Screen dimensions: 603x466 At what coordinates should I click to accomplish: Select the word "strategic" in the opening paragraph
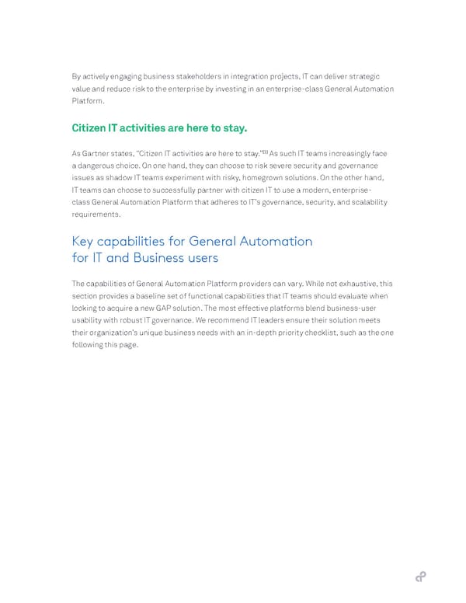click(x=363, y=76)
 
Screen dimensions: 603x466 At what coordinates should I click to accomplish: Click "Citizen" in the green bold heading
click(x=92, y=127)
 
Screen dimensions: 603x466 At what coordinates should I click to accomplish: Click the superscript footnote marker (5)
click(x=263, y=152)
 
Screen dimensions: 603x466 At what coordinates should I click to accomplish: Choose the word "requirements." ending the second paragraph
click(x=98, y=215)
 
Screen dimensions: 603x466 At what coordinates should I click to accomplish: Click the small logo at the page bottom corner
click(x=420, y=576)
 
